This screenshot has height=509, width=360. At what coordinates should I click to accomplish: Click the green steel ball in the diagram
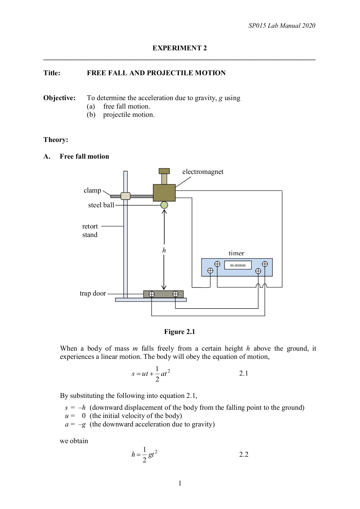(x=164, y=205)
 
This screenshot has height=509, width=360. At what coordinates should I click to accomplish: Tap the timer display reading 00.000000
(x=238, y=265)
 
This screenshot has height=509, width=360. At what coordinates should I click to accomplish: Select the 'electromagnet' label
(x=203, y=172)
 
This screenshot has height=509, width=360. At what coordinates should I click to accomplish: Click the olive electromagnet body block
(x=164, y=193)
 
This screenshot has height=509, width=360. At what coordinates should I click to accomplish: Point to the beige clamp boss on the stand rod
(x=125, y=196)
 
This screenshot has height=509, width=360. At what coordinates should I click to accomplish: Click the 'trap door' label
(x=93, y=293)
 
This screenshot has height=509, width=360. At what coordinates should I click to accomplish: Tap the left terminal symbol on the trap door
(x=152, y=294)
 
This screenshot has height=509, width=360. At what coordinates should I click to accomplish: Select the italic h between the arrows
(x=164, y=250)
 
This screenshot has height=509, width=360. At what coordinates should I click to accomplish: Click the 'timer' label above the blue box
(x=236, y=253)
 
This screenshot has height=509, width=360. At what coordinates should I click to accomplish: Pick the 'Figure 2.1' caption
(x=180, y=332)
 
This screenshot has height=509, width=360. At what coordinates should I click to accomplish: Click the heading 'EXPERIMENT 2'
(x=180, y=48)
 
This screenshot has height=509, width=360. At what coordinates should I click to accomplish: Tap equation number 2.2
(x=243, y=454)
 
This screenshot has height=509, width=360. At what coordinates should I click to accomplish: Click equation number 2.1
(x=243, y=373)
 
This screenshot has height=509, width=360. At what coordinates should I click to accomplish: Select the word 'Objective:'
(x=59, y=98)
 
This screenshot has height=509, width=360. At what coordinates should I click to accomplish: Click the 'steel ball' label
(x=101, y=205)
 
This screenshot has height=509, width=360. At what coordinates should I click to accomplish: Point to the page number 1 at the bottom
(x=180, y=483)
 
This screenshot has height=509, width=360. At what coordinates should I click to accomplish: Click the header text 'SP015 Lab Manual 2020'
(x=282, y=26)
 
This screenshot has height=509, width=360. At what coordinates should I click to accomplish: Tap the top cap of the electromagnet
(x=164, y=171)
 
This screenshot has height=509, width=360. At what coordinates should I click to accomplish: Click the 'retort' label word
(x=90, y=226)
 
